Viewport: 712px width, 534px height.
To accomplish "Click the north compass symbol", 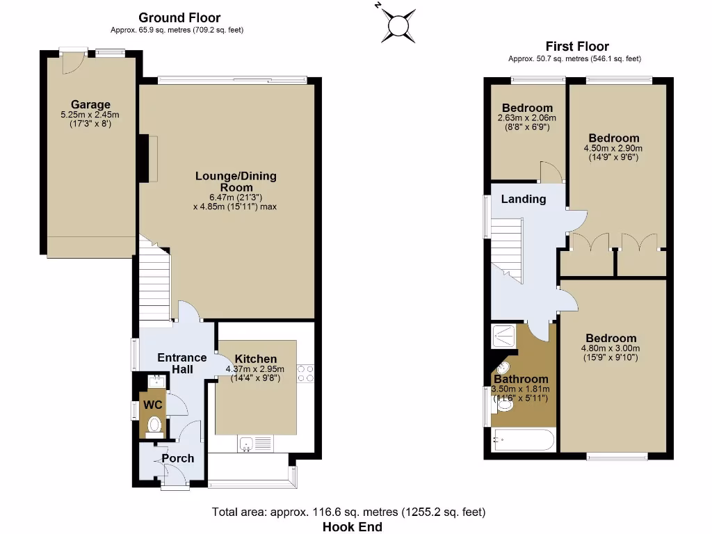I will pyautogui.click(x=398, y=24).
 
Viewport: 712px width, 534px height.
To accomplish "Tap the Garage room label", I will pyautogui.click(x=90, y=105).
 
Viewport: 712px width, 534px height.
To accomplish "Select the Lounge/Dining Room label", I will pyautogui.click(x=235, y=181).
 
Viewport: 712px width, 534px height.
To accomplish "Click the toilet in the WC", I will pyautogui.click(x=154, y=425).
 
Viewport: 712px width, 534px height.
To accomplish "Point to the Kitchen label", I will pyautogui.click(x=255, y=359).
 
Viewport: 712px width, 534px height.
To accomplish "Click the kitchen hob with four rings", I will pyautogui.click(x=306, y=373).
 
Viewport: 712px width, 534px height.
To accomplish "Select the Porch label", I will pyautogui.click(x=178, y=458).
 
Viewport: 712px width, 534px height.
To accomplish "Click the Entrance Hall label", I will pyautogui.click(x=182, y=363).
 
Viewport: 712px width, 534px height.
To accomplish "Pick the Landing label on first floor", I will pyautogui.click(x=524, y=199).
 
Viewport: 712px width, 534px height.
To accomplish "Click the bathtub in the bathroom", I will pyautogui.click(x=523, y=440).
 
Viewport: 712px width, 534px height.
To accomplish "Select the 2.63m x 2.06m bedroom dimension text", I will pyautogui.click(x=527, y=119).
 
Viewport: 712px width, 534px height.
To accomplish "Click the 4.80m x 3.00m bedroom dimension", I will pyautogui.click(x=610, y=349).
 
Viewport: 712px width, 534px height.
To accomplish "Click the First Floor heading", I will pyautogui.click(x=577, y=47).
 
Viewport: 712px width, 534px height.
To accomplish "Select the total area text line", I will pyautogui.click(x=348, y=512).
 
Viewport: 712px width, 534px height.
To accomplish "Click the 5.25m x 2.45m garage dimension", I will pyautogui.click(x=90, y=115).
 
